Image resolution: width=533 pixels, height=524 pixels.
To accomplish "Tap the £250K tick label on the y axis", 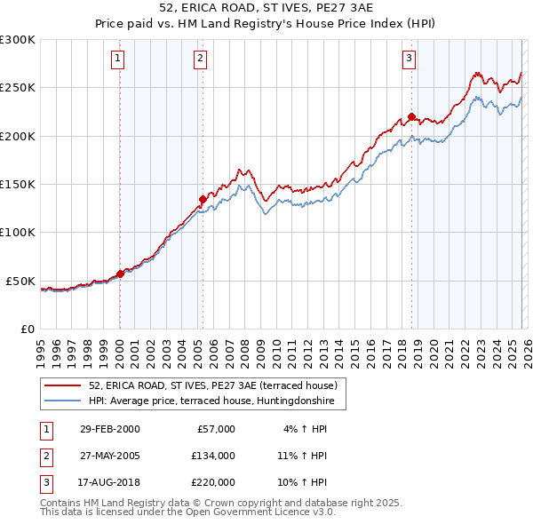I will coord(18,88).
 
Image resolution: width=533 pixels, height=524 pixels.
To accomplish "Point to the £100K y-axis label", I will coord(18,233).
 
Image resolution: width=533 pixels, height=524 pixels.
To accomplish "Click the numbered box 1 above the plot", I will coord(119,59).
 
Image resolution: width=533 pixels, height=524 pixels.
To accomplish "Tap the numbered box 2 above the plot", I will coord(201,59).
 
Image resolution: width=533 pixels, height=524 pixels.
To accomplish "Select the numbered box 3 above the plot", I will coord(409,59).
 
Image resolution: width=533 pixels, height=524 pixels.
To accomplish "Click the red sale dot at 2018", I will coord(411,116).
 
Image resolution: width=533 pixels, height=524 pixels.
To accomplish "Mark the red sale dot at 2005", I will coord(203,199).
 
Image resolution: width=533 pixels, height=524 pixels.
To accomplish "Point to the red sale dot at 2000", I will coord(120,274).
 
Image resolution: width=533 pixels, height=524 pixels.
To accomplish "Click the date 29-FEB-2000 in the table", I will coord(109,429).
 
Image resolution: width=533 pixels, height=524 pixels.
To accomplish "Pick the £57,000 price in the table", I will coord(214,429).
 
